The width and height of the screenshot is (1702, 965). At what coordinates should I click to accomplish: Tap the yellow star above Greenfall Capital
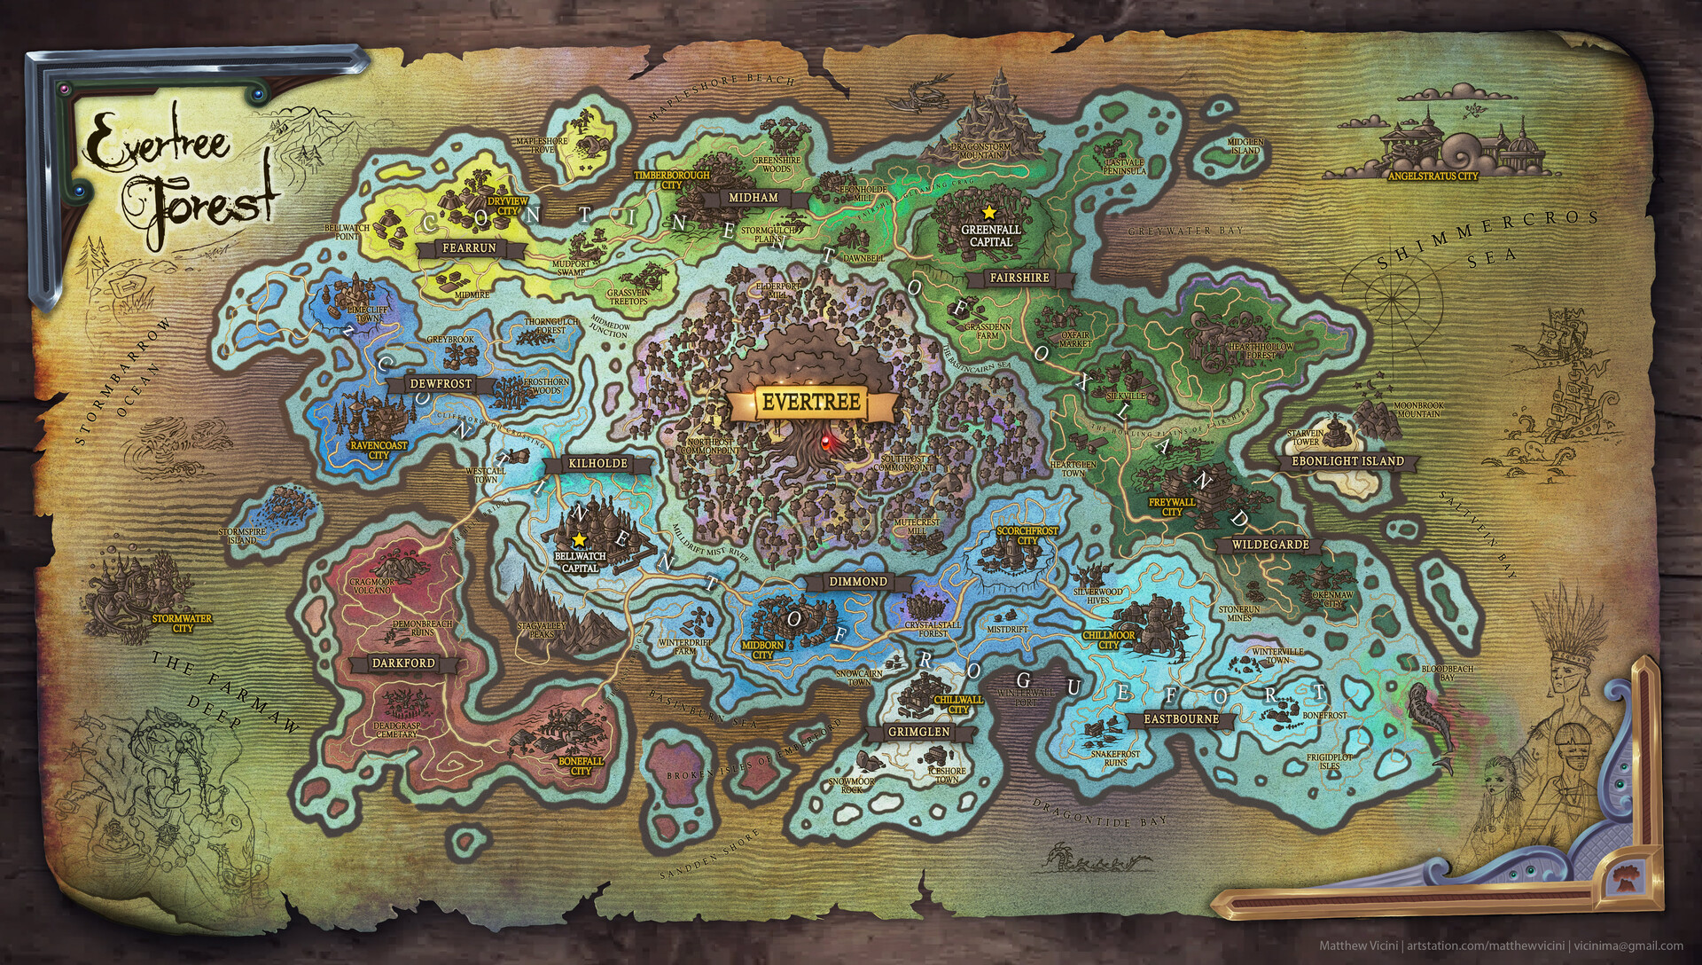click(989, 212)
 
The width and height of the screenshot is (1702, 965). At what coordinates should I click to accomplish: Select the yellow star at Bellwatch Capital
click(579, 538)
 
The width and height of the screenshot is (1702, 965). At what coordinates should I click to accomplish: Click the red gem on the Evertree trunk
click(827, 439)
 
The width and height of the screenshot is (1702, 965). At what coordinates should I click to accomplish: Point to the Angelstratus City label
click(1433, 177)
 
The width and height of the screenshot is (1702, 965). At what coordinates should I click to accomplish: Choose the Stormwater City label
click(183, 623)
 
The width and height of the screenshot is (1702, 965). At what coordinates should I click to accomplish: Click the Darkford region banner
click(403, 663)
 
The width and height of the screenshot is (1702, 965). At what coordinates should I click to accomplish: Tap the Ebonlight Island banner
click(1347, 461)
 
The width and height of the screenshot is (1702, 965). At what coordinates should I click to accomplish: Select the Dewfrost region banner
click(441, 384)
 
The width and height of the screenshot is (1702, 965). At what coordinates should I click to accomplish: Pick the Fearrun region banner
click(469, 248)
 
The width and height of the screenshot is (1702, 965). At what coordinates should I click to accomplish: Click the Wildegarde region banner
click(1270, 545)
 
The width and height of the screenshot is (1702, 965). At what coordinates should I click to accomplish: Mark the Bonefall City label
click(581, 766)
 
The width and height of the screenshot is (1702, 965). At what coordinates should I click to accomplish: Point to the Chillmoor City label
click(1109, 640)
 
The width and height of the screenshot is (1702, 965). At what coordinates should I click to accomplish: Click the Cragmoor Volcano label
click(371, 586)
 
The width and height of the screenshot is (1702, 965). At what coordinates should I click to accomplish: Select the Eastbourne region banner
click(1182, 719)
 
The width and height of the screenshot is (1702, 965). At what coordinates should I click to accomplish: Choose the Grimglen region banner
click(919, 733)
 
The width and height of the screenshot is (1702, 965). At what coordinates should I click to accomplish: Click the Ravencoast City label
click(379, 450)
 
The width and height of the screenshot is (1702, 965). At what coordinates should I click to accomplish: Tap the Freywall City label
click(1172, 506)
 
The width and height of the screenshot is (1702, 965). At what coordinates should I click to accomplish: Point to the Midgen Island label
click(1245, 145)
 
